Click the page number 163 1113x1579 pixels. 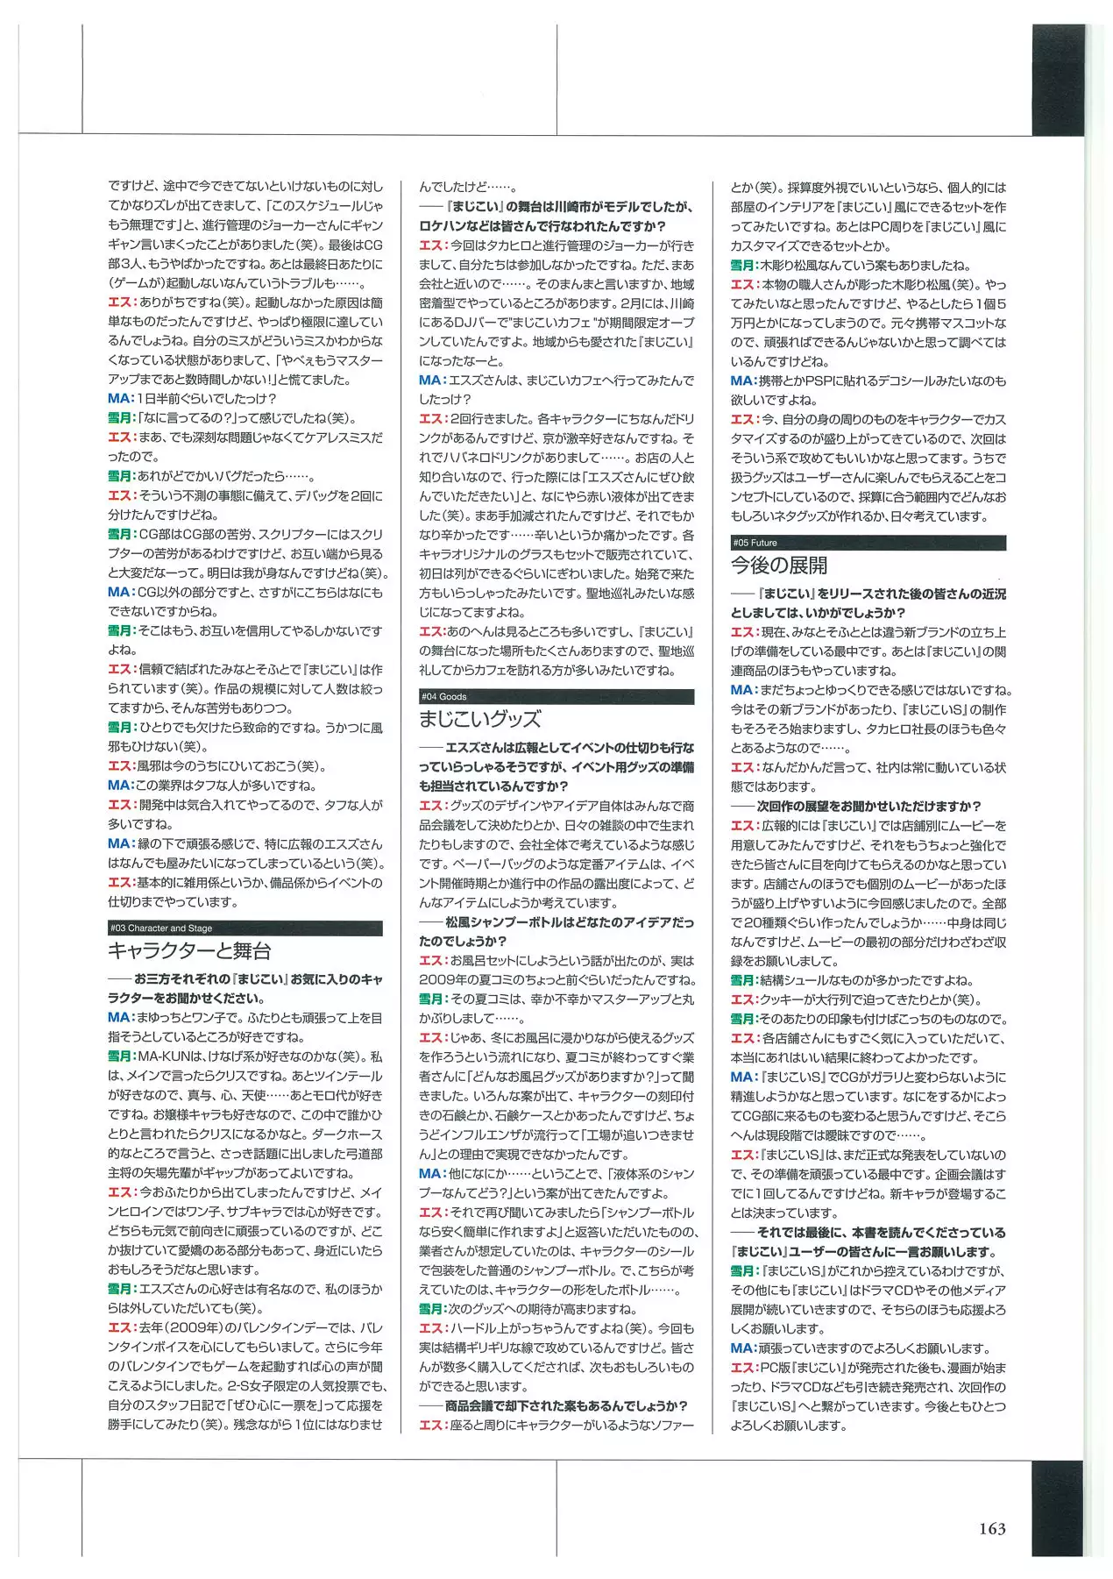992,1529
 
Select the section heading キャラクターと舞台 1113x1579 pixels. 189,951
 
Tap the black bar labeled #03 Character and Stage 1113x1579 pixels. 245,928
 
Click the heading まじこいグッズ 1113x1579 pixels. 479,719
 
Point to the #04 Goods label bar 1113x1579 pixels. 556,697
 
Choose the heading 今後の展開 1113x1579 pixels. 779,565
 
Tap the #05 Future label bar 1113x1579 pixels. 868,543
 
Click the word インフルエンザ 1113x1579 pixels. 471,1134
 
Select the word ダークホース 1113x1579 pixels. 347,1134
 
